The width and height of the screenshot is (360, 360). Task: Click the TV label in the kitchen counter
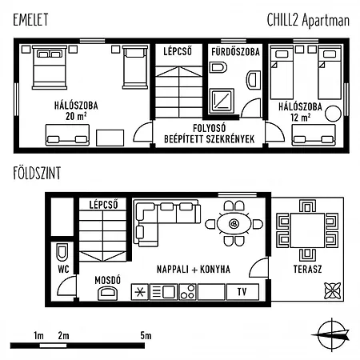[x=242, y=292]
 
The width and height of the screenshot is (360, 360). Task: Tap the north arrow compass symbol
[x=331, y=334]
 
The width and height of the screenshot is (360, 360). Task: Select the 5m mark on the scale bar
[x=146, y=335]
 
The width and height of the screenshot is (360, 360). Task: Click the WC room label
[x=63, y=269]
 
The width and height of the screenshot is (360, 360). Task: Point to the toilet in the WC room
[x=62, y=253]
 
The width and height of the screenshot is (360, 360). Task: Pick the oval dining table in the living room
[x=234, y=224]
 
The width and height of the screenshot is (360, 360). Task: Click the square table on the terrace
[x=307, y=230]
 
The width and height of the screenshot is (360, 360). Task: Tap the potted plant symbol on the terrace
[x=333, y=290]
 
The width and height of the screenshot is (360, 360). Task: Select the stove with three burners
[x=187, y=292]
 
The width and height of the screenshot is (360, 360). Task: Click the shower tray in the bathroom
[x=222, y=100]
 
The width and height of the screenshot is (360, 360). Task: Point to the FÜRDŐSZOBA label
[x=235, y=52]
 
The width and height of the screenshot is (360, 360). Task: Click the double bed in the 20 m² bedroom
[x=50, y=67]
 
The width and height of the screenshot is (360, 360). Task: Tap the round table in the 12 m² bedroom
[x=333, y=114]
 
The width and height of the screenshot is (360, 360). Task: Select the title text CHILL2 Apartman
[x=308, y=20]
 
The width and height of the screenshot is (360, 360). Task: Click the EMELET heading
[x=30, y=19]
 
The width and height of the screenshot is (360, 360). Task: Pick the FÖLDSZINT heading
[x=37, y=173]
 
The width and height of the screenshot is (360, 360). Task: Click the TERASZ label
[x=307, y=269]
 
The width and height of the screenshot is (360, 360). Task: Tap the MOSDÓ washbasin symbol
[x=108, y=293]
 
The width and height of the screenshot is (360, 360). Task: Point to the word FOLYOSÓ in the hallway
[x=210, y=128]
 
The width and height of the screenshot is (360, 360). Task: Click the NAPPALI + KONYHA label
[x=194, y=270]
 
